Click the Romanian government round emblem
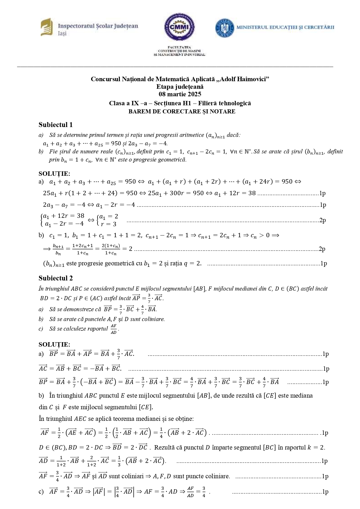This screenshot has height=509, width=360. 224,28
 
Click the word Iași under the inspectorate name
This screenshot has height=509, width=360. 62,34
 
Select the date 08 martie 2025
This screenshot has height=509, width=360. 180,94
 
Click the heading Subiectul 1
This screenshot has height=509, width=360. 55,125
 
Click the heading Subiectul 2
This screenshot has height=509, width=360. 55,278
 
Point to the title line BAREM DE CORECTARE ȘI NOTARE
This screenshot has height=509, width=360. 182,111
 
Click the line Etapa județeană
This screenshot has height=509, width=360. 180,86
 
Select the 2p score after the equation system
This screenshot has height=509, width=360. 322,220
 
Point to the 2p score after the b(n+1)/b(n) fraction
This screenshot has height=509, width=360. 322,249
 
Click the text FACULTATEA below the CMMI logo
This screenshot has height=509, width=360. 179,47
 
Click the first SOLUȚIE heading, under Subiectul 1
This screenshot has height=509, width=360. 54,174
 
